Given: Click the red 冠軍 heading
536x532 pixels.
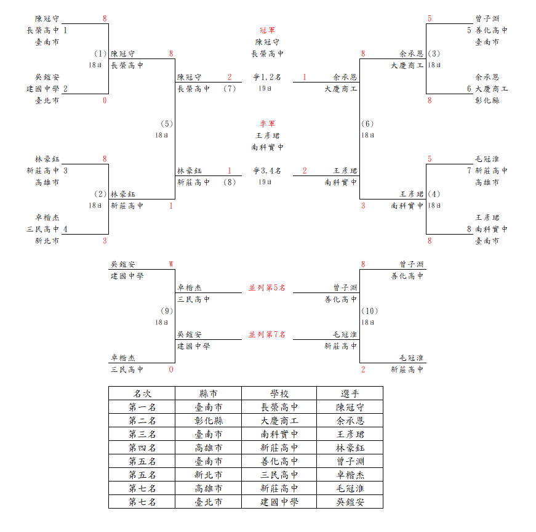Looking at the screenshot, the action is click(267, 30).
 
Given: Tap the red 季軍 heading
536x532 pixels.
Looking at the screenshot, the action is click(267, 124).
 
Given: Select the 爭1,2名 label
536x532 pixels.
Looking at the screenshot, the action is click(267, 78).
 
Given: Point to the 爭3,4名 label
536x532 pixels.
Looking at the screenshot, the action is click(267, 171).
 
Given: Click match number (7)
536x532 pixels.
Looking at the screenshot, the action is click(230, 89).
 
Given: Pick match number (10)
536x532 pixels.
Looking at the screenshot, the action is click(369, 311).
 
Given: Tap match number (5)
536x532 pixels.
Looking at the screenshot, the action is click(167, 124).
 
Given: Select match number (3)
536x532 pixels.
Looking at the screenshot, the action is click(434, 54).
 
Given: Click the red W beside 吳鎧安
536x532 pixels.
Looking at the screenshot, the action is click(171, 264).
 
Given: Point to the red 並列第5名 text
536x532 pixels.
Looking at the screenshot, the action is click(267, 288).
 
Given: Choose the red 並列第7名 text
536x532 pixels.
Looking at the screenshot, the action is click(267, 334).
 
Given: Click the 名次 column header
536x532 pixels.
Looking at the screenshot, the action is click(142, 393).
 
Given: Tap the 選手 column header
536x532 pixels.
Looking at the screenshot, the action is click(350, 393).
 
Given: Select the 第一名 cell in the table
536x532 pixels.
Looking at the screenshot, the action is click(142, 407).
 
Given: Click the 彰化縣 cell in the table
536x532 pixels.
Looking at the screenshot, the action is click(208, 421).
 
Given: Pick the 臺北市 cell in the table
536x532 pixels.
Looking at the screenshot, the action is click(208, 502).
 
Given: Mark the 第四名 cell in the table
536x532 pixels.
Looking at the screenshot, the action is click(142, 448).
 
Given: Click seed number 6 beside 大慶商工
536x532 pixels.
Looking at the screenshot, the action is click(469, 89).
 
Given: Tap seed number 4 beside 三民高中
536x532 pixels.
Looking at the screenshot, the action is click(65, 229).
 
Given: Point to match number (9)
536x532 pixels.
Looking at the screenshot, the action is click(167, 311).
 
